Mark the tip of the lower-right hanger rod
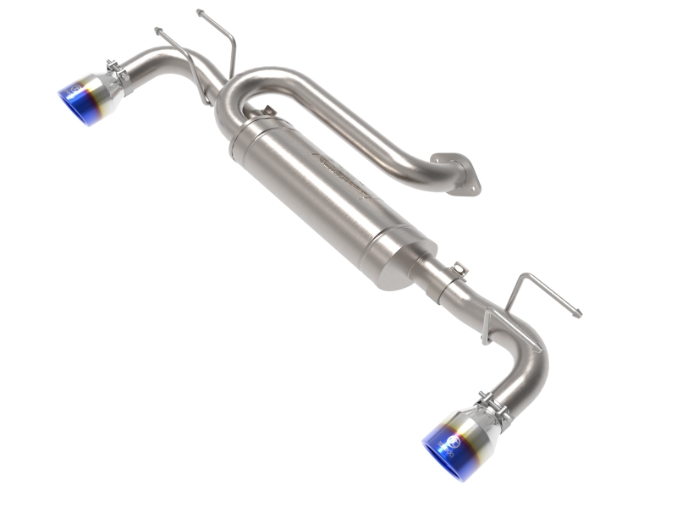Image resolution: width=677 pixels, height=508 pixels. click(x=579, y=314)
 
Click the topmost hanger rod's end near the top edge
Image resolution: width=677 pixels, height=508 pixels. click(x=200, y=12)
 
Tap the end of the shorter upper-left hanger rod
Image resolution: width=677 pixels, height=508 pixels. click(x=158, y=30)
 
